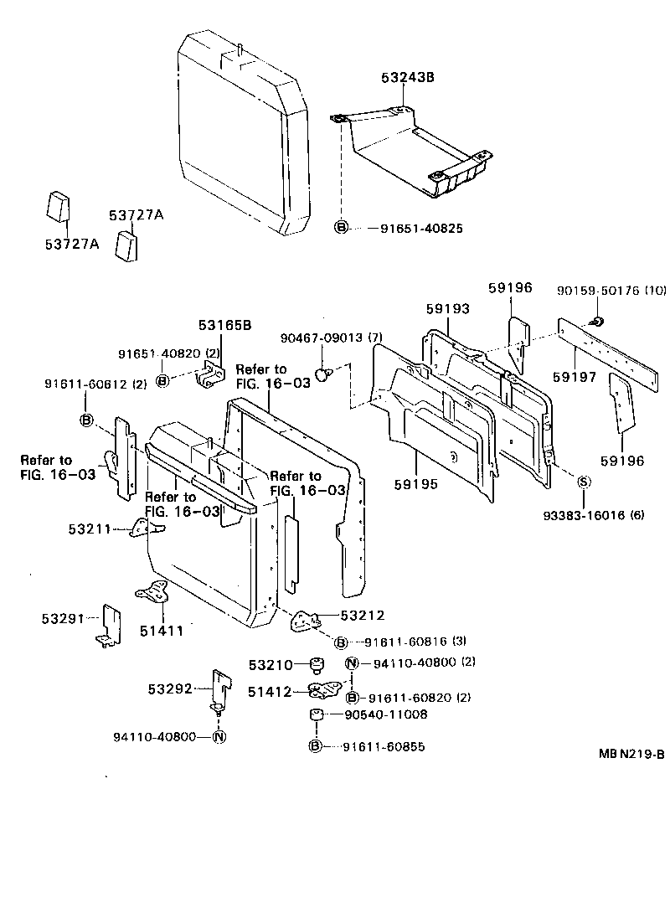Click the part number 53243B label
coord(408,79)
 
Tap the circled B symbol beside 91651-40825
coord(342,228)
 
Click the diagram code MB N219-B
coord(631,753)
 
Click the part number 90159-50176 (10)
coord(611,291)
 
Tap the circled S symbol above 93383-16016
coord(584,480)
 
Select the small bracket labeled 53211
coord(147,529)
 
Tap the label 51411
coord(162,630)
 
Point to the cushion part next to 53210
coord(317,666)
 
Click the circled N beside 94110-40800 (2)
coord(352,664)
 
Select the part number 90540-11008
coord(386,714)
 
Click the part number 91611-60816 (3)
coord(414,642)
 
